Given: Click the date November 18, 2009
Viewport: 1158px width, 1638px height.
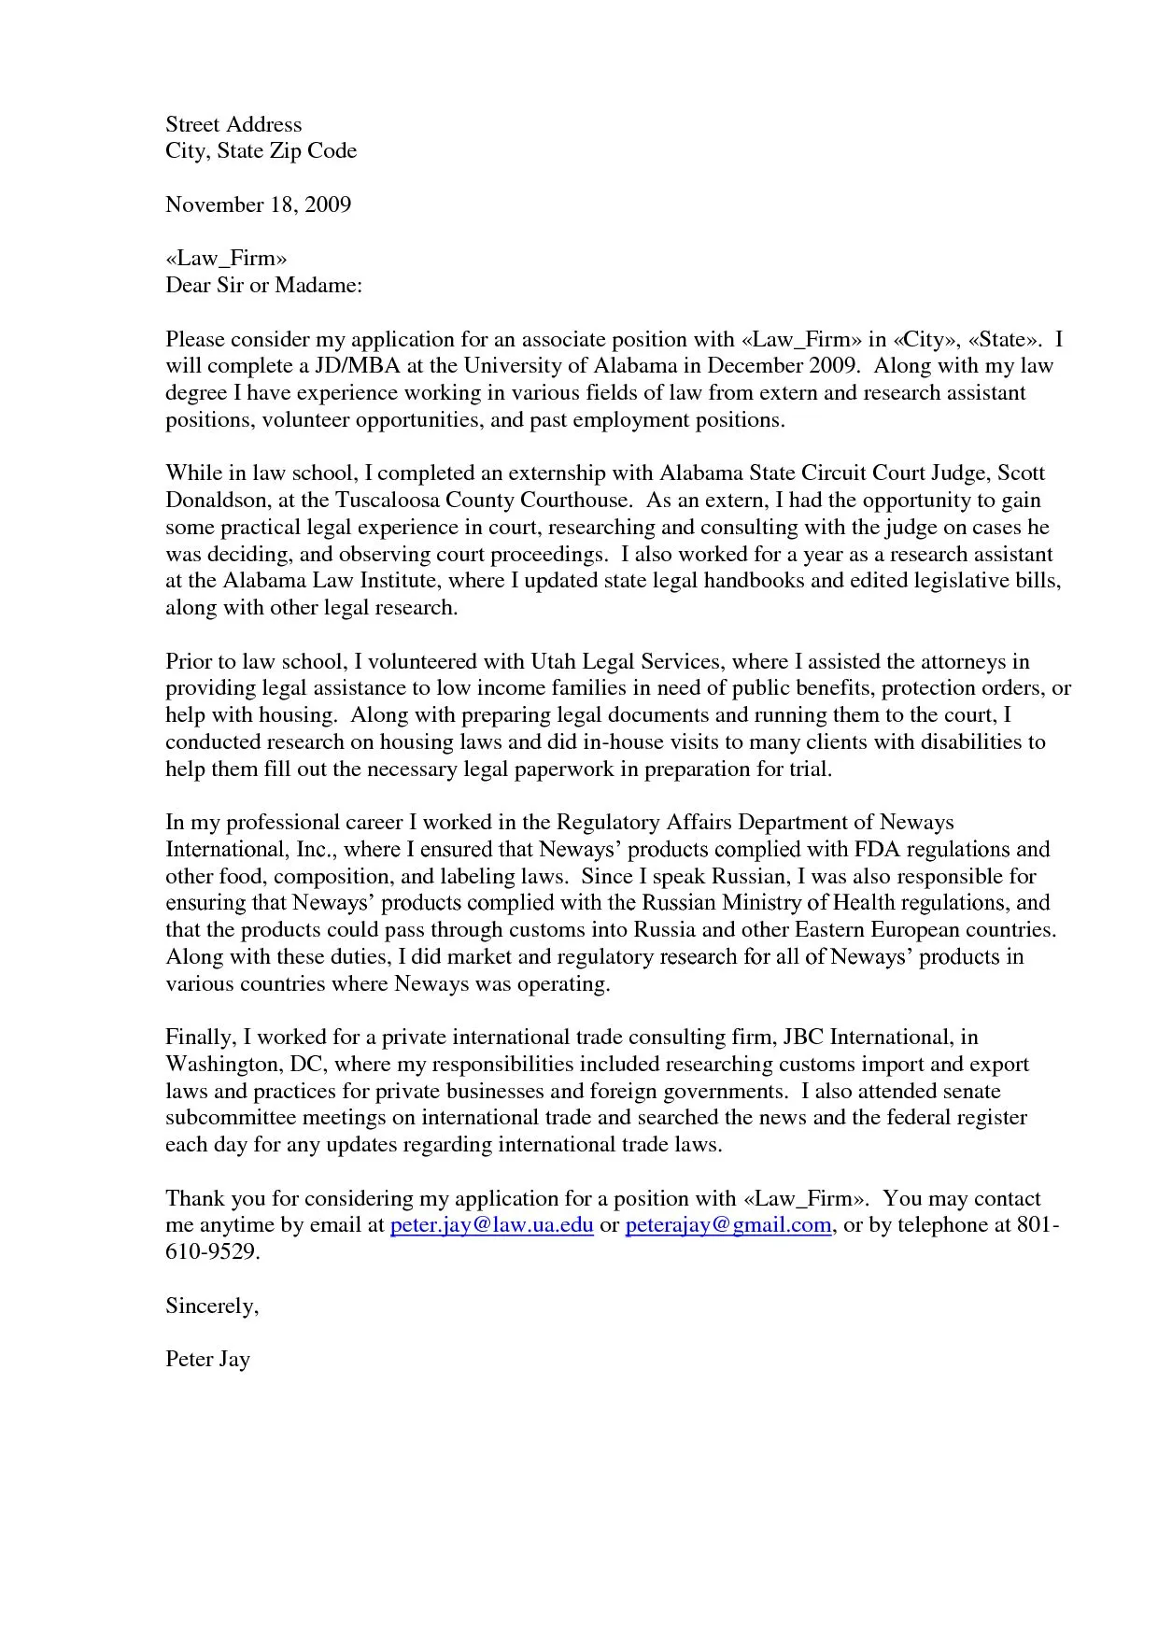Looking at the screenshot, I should (x=258, y=205).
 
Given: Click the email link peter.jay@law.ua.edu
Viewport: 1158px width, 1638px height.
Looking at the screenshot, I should (x=491, y=1225).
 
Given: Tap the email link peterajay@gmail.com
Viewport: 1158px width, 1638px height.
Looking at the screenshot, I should (x=727, y=1225).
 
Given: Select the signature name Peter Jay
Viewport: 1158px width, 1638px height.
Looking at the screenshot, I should (x=207, y=1360).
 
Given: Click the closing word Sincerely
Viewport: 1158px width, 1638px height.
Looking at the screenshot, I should (x=211, y=1306).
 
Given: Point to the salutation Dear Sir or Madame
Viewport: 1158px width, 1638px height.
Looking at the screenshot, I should (x=263, y=285).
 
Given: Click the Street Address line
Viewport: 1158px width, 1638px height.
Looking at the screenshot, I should (x=233, y=124).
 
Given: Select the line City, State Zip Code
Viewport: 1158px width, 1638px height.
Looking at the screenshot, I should (x=261, y=151).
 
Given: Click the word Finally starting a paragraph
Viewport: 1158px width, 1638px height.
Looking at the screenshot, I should (x=199, y=1038).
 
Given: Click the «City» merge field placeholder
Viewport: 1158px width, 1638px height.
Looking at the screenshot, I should (x=927, y=339).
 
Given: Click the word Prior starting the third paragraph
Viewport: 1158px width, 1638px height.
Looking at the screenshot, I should (x=190, y=662).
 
